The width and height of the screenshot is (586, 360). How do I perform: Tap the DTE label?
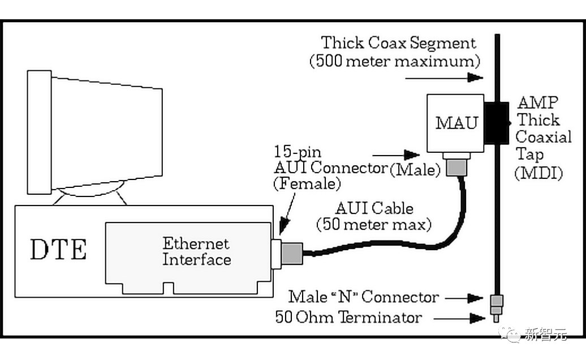(x=58, y=250)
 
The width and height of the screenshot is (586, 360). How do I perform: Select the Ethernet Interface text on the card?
(x=196, y=252)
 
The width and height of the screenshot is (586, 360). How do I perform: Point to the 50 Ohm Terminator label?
(x=348, y=317)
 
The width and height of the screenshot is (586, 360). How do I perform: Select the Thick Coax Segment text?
(x=399, y=43)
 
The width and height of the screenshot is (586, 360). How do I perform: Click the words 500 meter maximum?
(x=394, y=61)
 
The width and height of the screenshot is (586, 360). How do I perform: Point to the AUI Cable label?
(x=374, y=208)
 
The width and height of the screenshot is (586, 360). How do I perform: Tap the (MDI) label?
(x=538, y=173)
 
